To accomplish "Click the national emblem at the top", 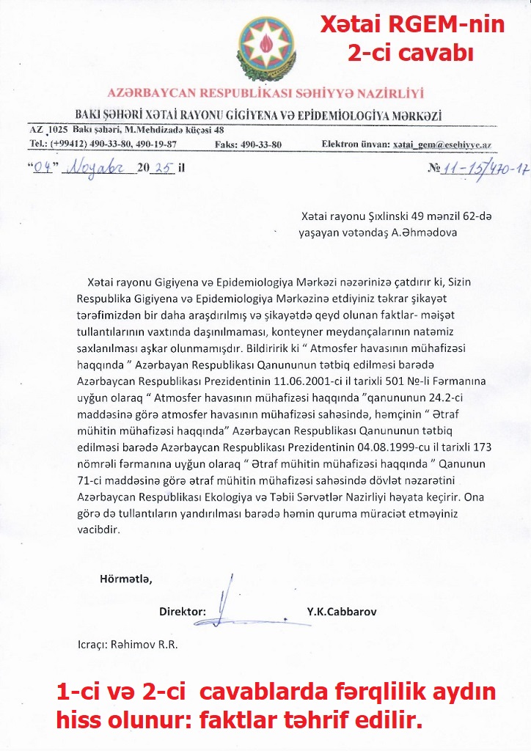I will [x=265, y=44].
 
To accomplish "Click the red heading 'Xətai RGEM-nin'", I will [x=412, y=26].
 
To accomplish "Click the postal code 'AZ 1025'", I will [x=48, y=130].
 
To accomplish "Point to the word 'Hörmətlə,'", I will [x=125, y=579].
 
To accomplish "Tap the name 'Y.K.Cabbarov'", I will [x=342, y=611].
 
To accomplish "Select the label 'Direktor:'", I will [x=183, y=611].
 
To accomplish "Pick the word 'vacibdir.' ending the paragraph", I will [x=98, y=529].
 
